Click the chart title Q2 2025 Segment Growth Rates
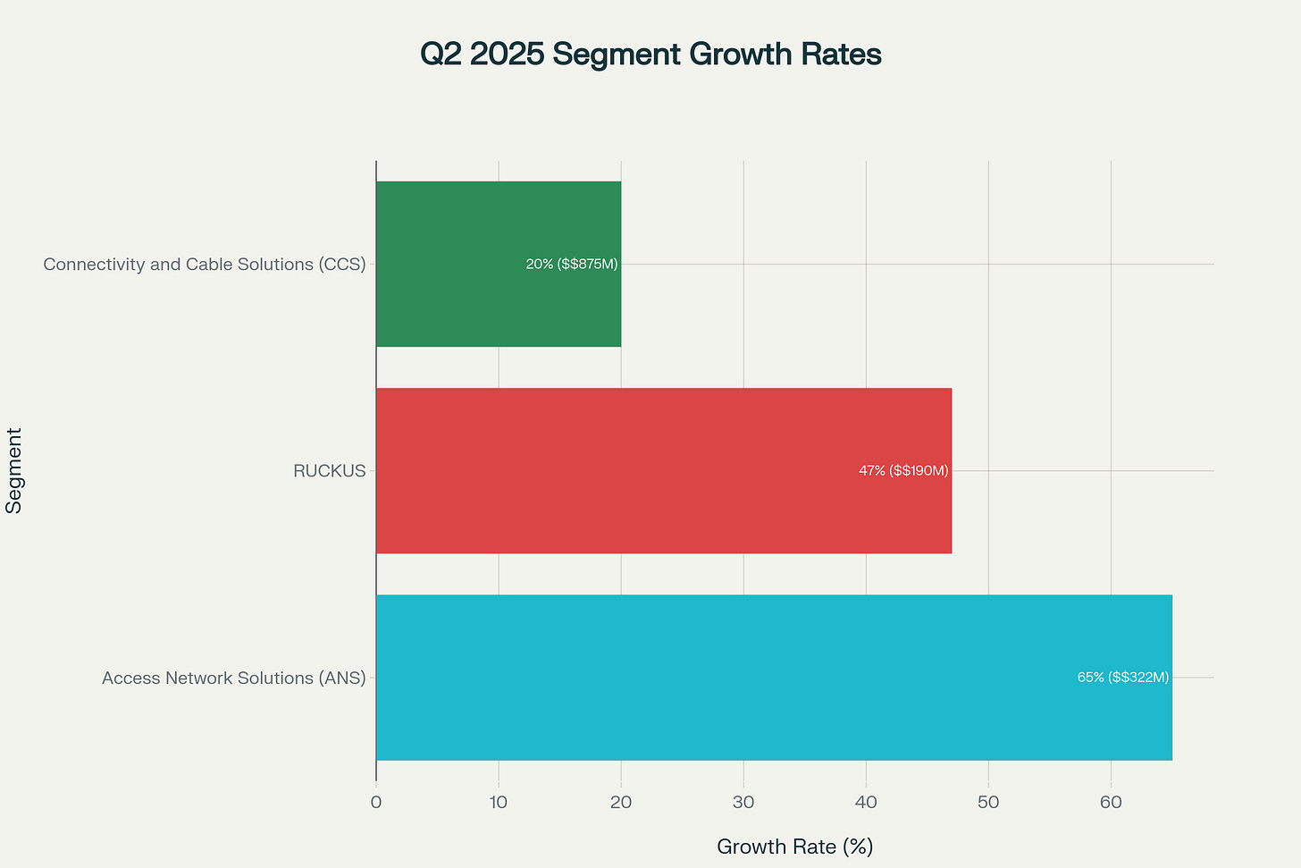[650, 55]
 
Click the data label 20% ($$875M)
[572, 264]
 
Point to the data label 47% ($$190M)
[903, 470]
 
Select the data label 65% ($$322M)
[1122, 678]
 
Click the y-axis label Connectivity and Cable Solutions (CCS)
[205, 265]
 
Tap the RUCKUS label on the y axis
[329, 471]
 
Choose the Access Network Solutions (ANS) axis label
[234, 678]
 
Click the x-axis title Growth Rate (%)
[794, 847]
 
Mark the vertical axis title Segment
[14, 470]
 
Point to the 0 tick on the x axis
[376, 803]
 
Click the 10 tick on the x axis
[499, 803]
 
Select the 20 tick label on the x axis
[621, 803]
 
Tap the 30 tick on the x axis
[743, 803]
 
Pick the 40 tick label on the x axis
[866, 803]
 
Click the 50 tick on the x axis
[988, 803]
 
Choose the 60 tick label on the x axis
[1111, 803]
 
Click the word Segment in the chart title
[609, 55]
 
